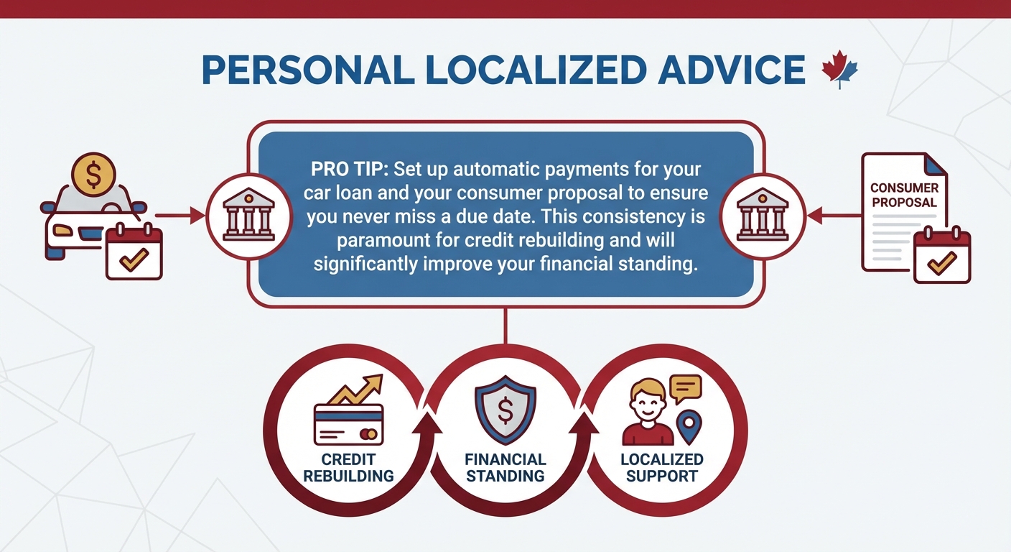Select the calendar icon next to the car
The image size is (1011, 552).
click(x=134, y=252)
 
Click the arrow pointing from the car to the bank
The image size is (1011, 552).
click(x=179, y=214)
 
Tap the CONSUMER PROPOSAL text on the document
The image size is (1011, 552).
click(x=903, y=195)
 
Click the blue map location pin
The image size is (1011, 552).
click(x=690, y=425)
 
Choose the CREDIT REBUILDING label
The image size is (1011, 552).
click(x=348, y=467)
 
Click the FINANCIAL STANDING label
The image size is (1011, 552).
click(x=505, y=467)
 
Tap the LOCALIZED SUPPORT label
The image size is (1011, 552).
click(x=661, y=467)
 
